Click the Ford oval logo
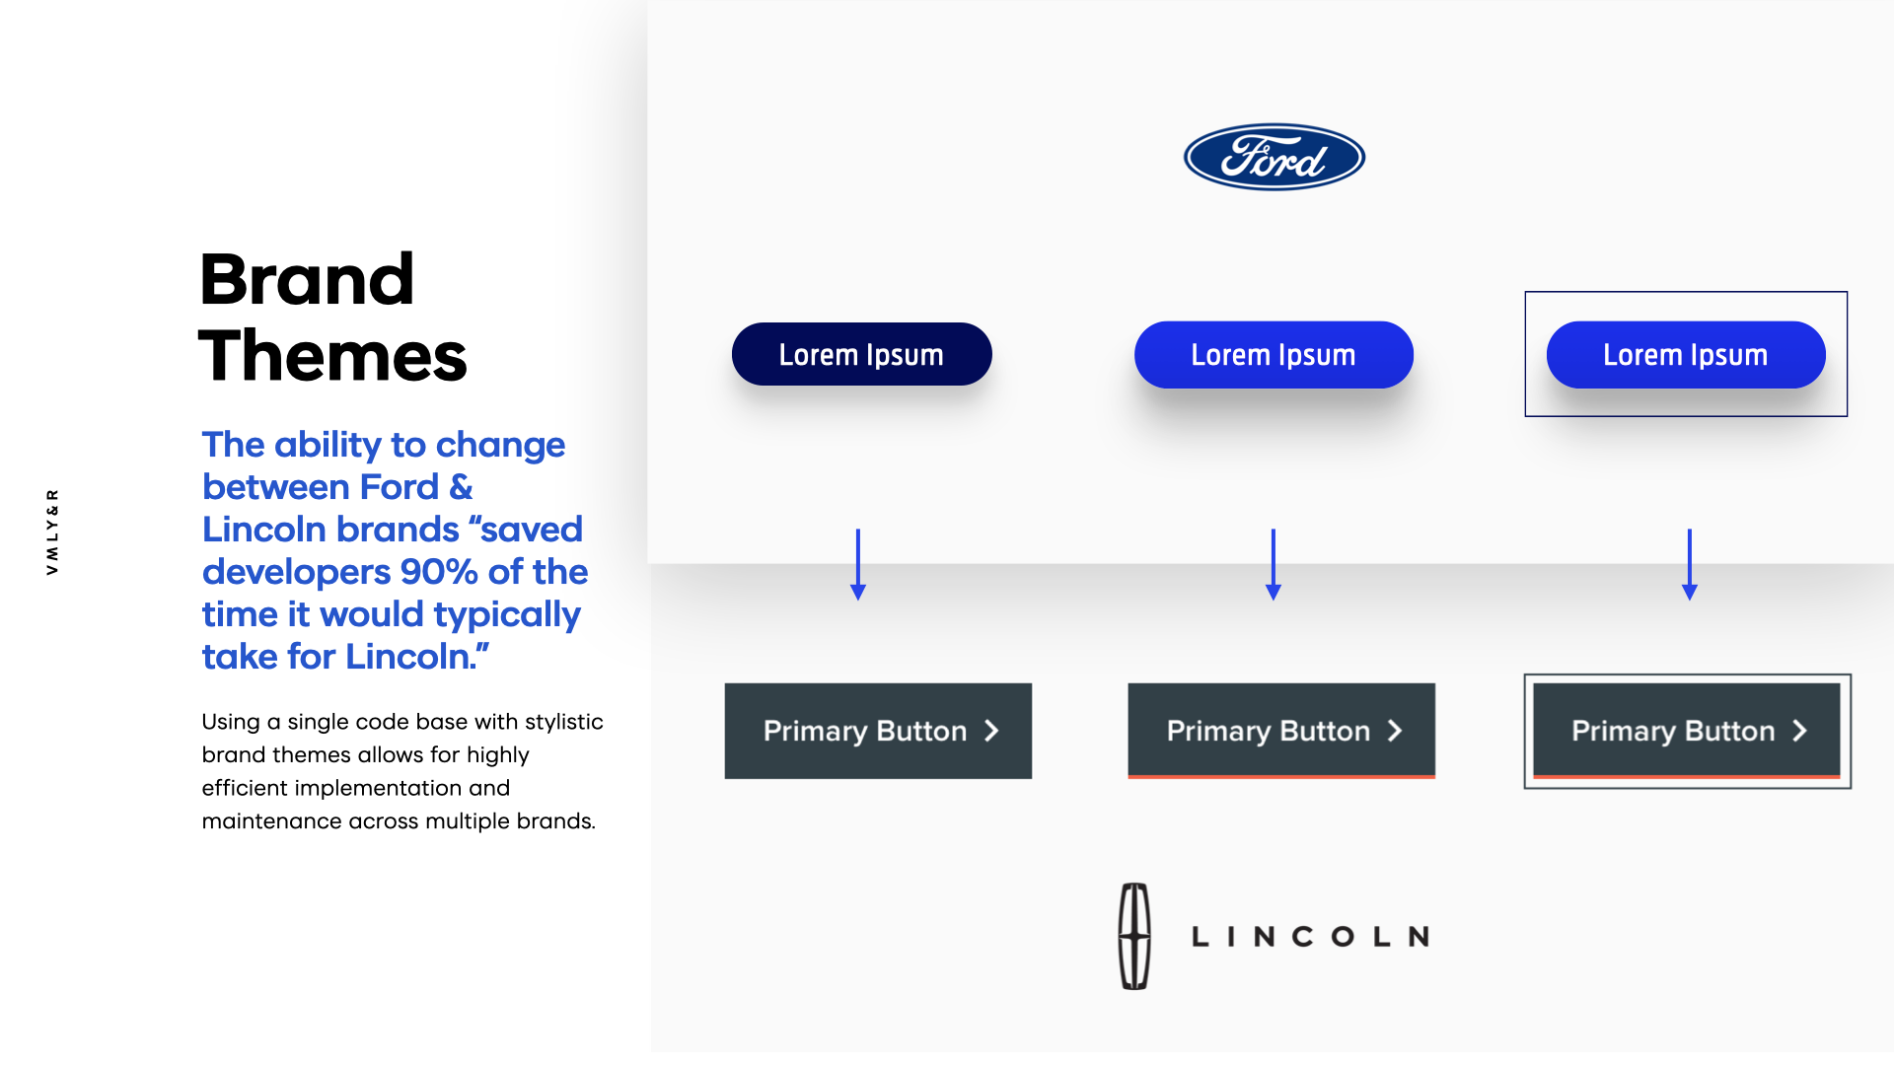pos(1274,158)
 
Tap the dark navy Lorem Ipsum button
pos(861,355)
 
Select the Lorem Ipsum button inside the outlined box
pos(1685,355)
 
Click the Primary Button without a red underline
pos(877,731)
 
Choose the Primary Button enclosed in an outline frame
pos(1686,731)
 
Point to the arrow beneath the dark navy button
pos(858,564)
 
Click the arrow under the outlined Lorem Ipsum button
pos(1689,564)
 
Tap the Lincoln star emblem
pos(1134,936)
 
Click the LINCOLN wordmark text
pos(1310,937)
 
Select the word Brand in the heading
pos(307,280)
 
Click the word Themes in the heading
pos(332,356)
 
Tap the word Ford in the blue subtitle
pos(399,487)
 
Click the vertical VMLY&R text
pos(52,532)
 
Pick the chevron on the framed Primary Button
pos(1799,731)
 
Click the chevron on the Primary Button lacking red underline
pos(991,731)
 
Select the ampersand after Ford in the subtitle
pos(461,487)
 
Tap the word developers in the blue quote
pos(296,572)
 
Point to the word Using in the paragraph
pos(231,722)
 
